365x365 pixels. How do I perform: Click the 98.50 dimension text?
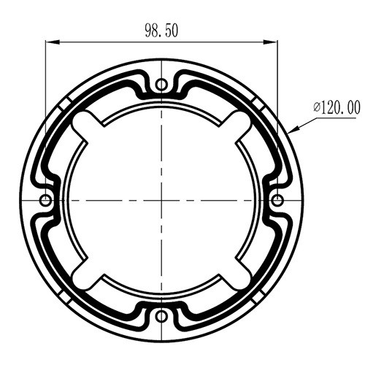coord(161,31)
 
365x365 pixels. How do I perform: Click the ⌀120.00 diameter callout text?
coord(337,108)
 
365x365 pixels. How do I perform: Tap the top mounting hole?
coord(161,85)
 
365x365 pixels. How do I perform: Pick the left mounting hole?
coord(45,201)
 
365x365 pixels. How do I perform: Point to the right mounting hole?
coord(277,201)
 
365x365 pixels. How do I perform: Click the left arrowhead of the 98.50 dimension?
coord(53,42)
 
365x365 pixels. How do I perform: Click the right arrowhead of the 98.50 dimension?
coord(271,42)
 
